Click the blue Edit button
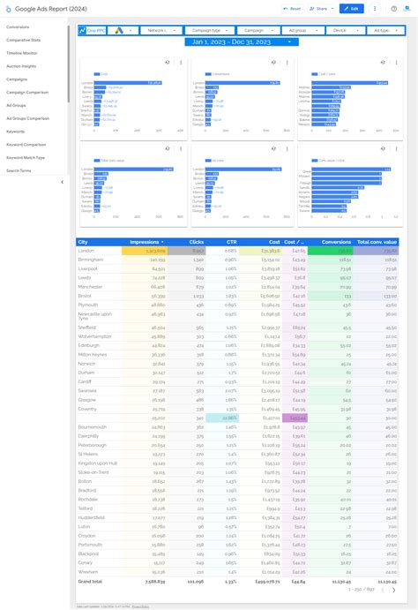(x=351, y=9)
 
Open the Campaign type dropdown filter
(x=207, y=30)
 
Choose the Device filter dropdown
(x=345, y=30)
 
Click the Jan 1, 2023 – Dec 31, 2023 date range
(x=230, y=41)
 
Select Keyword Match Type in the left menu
(x=26, y=157)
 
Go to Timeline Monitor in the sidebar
(x=20, y=53)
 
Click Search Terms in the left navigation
(x=19, y=170)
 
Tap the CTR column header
(x=230, y=242)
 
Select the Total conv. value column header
(x=377, y=242)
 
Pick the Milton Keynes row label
(x=92, y=355)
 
